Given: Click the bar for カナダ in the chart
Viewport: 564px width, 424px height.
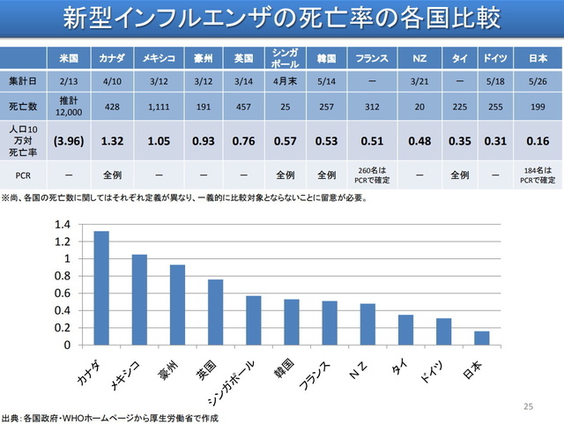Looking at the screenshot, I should point(101,288).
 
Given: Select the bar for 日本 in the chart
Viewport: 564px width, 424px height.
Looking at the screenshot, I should point(480,338).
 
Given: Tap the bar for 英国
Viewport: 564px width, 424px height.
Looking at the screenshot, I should point(215,312).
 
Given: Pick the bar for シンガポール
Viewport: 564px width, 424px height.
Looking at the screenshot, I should point(253,320).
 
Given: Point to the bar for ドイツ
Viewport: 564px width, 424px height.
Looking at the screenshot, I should point(442,331).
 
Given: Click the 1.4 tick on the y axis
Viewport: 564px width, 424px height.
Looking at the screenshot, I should point(62,224).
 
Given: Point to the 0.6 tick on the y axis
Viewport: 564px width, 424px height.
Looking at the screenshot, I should point(62,294).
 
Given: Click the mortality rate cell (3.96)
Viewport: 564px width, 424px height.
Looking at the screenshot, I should point(70,139).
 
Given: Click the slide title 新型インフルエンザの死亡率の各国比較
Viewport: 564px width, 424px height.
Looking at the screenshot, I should point(282,19).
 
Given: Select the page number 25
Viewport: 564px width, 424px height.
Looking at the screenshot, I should point(529,406).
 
